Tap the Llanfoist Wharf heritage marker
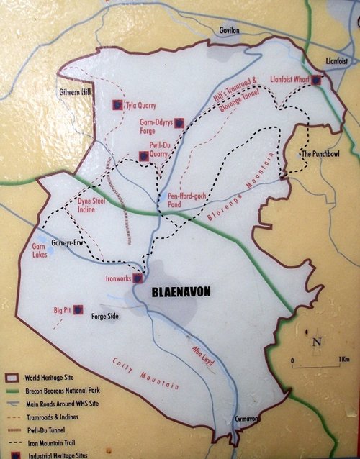click(315, 81)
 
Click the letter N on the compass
click(315, 342)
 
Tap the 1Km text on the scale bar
click(343, 358)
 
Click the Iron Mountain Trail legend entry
click(56, 445)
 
